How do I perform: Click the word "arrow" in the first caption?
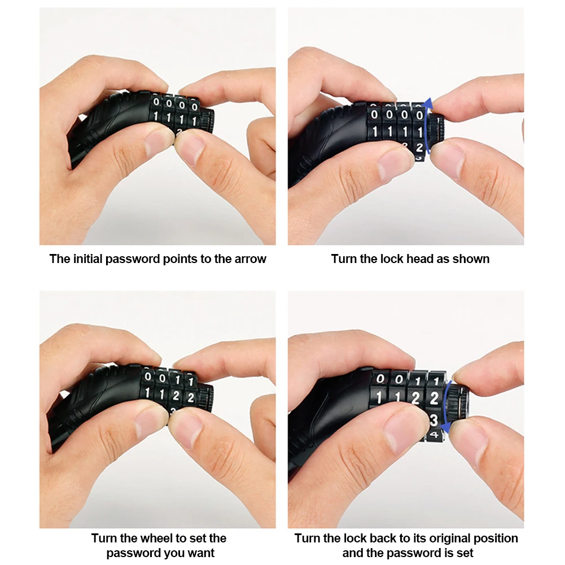pyautogui.click(x=250, y=259)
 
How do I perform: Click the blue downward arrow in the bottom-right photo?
pyautogui.click(x=446, y=407)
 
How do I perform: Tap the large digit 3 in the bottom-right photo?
pyautogui.click(x=433, y=420)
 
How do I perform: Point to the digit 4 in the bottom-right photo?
pyautogui.click(x=434, y=435)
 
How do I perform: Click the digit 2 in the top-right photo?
pyautogui.click(x=419, y=147)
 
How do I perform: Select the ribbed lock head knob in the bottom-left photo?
pyautogui.click(x=206, y=398)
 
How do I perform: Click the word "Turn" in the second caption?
pyautogui.click(x=343, y=259)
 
